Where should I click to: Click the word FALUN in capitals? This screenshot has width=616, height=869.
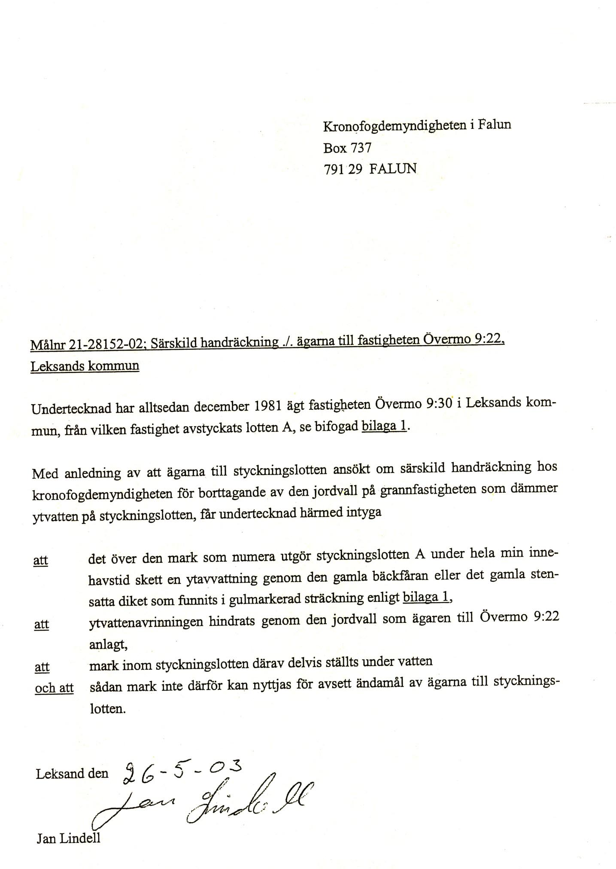tap(393, 168)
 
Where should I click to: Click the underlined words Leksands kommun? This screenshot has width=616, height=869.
tap(85, 366)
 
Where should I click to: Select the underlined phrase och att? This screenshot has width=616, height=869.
tap(54, 688)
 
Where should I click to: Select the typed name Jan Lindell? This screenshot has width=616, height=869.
tap(68, 838)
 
